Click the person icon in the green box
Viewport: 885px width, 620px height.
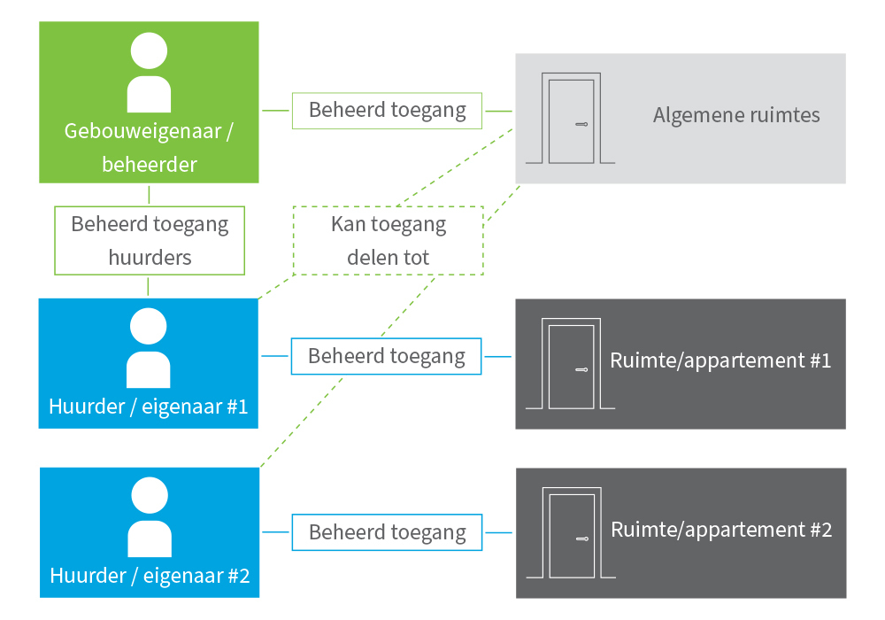[x=149, y=73]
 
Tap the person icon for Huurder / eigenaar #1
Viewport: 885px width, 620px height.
[x=149, y=348]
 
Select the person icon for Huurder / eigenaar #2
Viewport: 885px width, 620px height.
[x=149, y=516]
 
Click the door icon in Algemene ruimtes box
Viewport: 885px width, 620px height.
[x=570, y=120]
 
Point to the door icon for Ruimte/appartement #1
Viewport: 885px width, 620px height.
[x=570, y=364]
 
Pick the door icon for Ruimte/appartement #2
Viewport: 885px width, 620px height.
[x=570, y=533]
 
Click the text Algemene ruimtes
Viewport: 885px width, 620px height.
[x=736, y=115]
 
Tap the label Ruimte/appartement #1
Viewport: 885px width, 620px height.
[x=720, y=360]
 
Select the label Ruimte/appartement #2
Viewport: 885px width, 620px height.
[x=721, y=530]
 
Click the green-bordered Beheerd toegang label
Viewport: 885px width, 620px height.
[x=387, y=111]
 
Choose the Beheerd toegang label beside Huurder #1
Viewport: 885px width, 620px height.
[x=387, y=356]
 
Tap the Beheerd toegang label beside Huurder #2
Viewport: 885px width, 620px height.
[x=387, y=532]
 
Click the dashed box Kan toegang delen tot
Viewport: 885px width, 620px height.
[x=389, y=240]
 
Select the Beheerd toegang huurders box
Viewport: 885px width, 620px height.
[x=150, y=240]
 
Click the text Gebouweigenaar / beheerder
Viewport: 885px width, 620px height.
[x=149, y=147]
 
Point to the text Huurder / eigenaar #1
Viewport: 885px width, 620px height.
[x=149, y=407]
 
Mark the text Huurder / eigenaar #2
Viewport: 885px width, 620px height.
[x=150, y=576]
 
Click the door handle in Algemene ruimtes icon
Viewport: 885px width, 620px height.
[x=581, y=124]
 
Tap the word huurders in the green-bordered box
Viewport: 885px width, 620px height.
[x=150, y=257]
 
